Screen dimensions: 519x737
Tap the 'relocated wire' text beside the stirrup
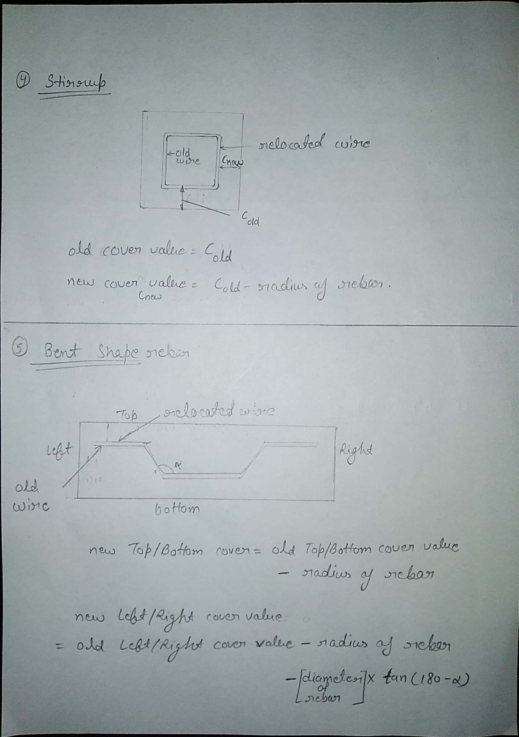[x=314, y=143]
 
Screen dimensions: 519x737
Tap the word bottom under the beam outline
[x=177, y=509]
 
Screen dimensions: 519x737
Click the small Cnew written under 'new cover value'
[x=150, y=296]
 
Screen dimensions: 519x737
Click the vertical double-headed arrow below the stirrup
[x=182, y=198]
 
